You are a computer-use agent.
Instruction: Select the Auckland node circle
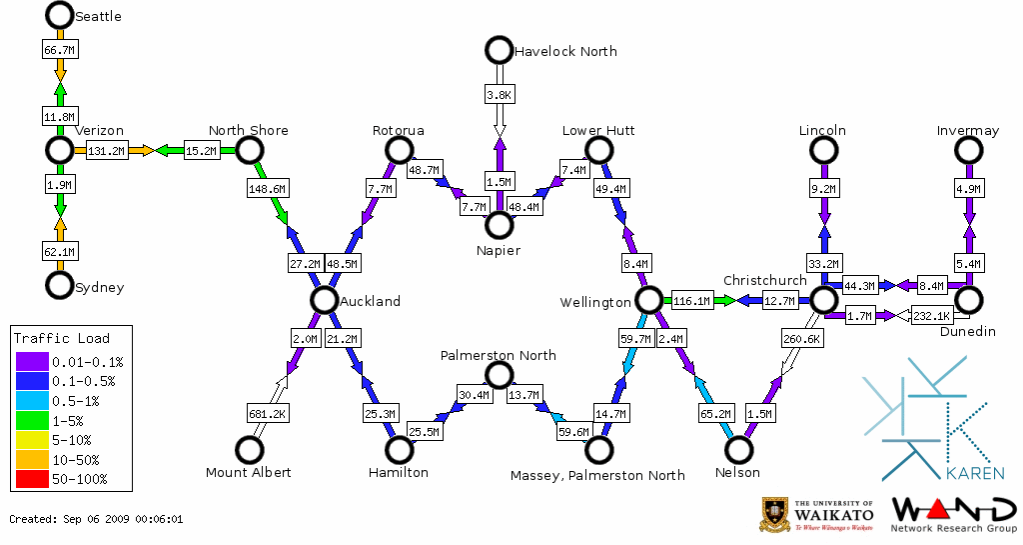tap(323, 300)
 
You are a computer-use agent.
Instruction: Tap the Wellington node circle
tap(649, 300)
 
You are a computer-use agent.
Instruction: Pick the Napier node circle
tap(499, 225)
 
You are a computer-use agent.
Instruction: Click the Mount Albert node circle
tap(249, 450)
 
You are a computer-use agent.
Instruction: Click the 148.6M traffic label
tap(267, 188)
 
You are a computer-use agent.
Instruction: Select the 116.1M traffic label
tap(691, 300)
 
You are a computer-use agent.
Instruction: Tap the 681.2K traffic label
tap(267, 413)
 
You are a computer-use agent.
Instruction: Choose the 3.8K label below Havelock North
tap(499, 95)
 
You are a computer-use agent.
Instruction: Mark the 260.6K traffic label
tap(802, 339)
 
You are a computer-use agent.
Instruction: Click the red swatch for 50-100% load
tap(31, 479)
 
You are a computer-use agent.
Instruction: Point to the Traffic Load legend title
tap(62, 338)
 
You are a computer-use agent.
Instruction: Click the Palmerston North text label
tap(499, 355)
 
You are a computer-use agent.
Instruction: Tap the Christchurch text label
tap(764, 280)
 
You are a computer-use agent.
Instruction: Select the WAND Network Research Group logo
tap(954, 514)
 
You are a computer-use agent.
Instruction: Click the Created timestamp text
tap(96, 519)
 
